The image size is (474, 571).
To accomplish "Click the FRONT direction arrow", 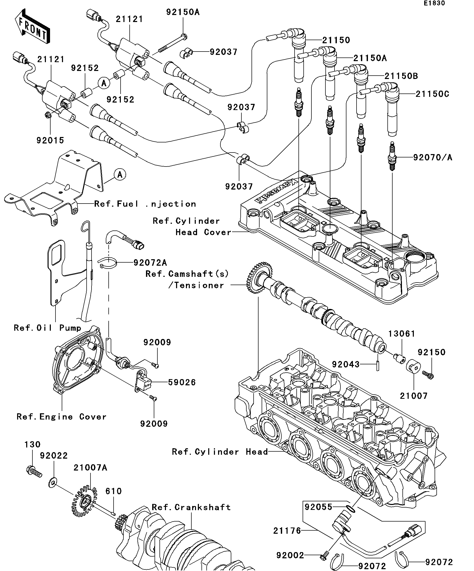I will tap(32, 26).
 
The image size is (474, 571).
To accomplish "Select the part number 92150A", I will tap(183, 12).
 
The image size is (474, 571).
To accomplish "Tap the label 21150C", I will tap(432, 94).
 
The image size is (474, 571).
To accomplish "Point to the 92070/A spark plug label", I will tap(432, 157).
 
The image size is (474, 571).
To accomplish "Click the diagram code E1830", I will tap(434, 3).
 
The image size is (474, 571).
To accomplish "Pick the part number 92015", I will tap(50, 140).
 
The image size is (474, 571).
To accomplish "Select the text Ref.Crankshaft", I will tap(191, 507).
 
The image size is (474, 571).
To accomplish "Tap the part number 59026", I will tap(182, 382).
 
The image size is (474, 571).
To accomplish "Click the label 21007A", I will tap(90, 468).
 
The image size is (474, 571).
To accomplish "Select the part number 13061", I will tap(402, 334).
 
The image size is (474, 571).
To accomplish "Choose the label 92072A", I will tap(150, 263).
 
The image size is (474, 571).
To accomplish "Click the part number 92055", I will tap(318, 507).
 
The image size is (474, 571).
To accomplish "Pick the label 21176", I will tap(287, 531).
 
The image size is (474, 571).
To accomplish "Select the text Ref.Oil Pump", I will tap(48, 328).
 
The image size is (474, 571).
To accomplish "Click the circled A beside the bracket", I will tap(120, 175).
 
